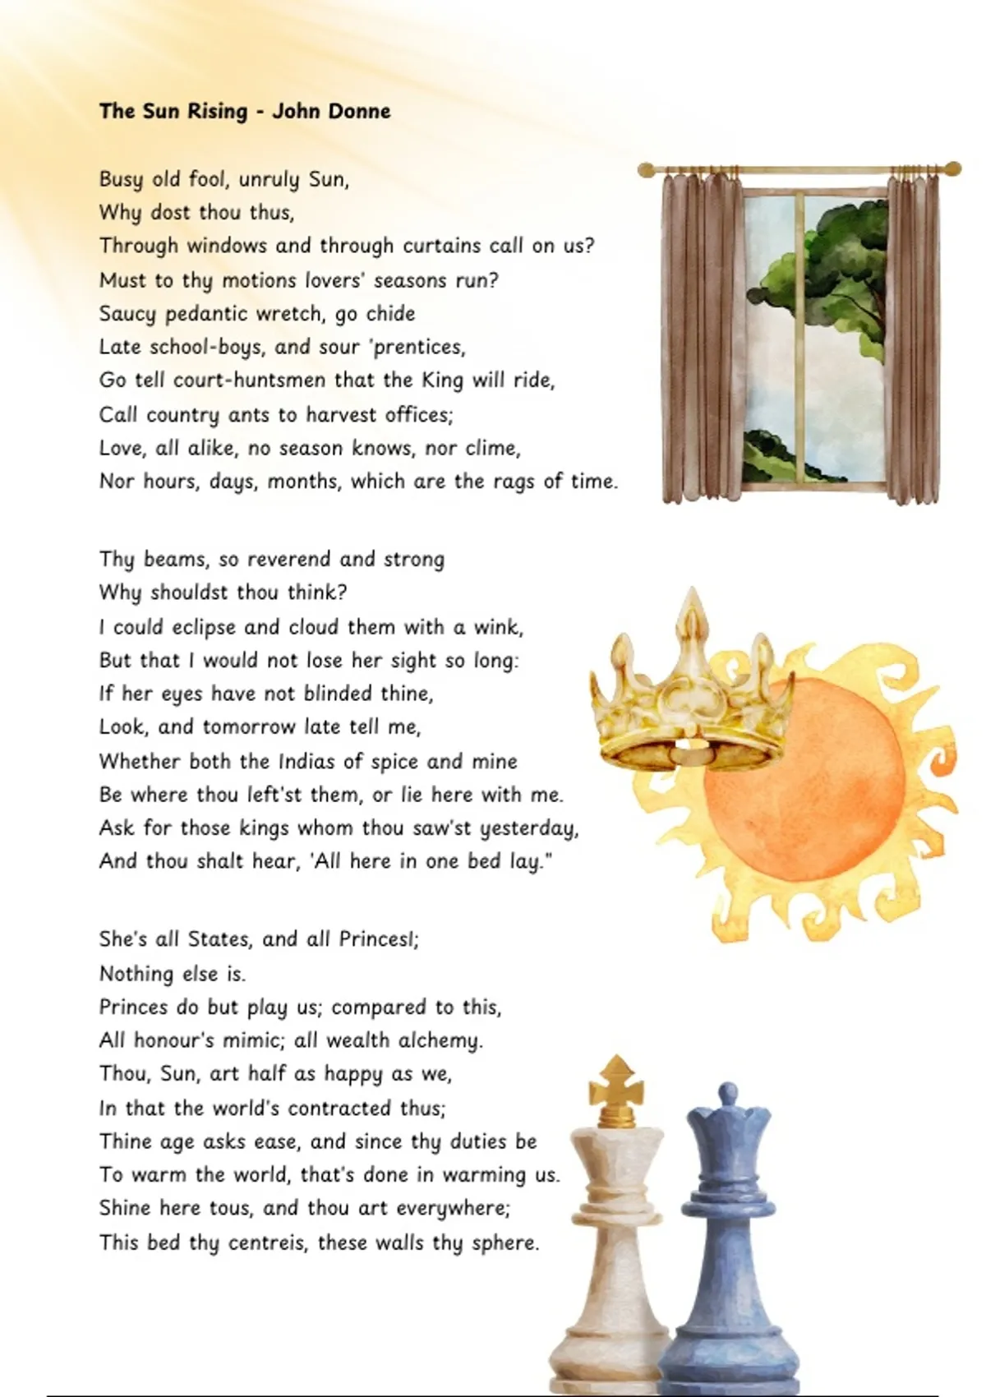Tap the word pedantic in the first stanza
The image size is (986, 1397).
pos(209,314)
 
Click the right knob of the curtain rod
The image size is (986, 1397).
pos(954,168)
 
